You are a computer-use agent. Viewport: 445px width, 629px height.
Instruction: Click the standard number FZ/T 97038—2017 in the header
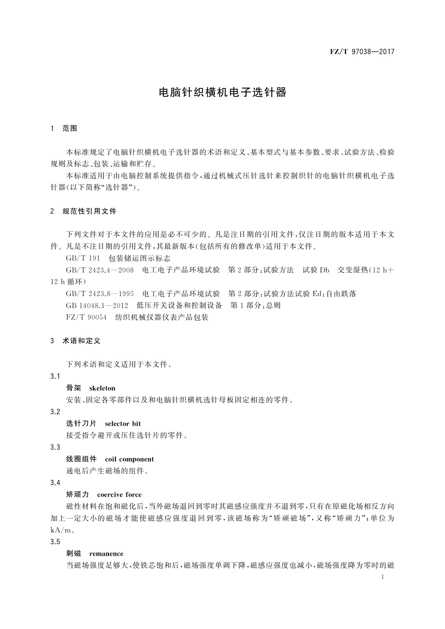pos(362,52)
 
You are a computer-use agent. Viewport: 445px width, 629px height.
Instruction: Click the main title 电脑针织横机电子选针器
pos(223,93)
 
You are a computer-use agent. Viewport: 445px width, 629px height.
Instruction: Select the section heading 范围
pos(70,128)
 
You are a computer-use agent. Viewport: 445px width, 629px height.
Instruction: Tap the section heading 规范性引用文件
pos(89,211)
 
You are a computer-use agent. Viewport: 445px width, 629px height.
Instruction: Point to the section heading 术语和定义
pos(81,341)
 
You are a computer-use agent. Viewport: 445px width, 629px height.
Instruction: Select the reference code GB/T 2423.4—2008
pos(100,270)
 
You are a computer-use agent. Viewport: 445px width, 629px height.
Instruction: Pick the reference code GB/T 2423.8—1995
pos(100,294)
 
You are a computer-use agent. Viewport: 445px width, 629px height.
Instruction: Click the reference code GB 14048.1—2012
pos(97,306)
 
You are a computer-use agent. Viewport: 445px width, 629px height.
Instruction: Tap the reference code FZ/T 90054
pos(86,317)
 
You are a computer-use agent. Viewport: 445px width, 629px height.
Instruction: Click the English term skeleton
pos(102,388)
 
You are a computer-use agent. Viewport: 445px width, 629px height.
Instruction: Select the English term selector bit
pos(123,424)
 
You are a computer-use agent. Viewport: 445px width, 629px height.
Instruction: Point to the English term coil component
pos(129,459)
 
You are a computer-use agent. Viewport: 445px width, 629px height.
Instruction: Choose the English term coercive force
pos(119,495)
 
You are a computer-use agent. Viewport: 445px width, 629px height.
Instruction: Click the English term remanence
pos(106,554)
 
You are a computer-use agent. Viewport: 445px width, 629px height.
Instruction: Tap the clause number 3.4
pos(55,483)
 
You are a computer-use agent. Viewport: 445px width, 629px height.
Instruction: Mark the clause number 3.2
pos(55,412)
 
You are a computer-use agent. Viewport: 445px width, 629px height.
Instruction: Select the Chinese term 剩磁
pos(74,554)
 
